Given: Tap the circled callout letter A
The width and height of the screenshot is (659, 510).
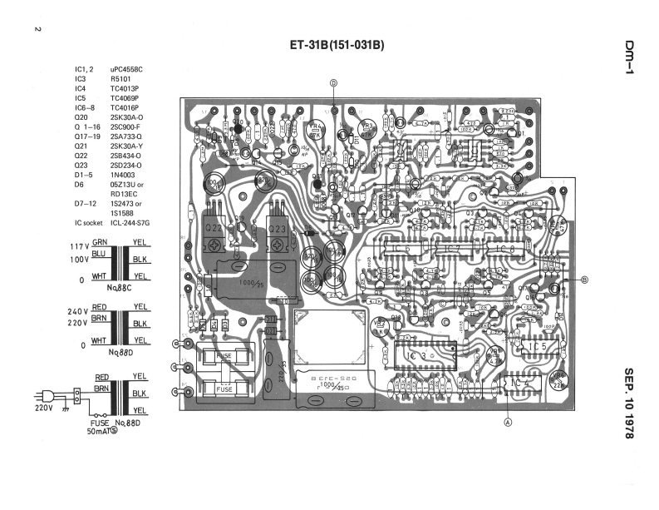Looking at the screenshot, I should pyautogui.click(x=508, y=421).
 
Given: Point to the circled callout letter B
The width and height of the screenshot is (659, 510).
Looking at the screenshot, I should pyautogui.click(x=584, y=280).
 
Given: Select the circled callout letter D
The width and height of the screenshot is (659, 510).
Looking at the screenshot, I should pyautogui.click(x=333, y=82).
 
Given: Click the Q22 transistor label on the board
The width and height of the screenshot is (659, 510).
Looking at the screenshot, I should pyautogui.click(x=214, y=229).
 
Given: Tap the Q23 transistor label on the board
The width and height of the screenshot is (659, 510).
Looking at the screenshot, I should pyautogui.click(x=280, y=229).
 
